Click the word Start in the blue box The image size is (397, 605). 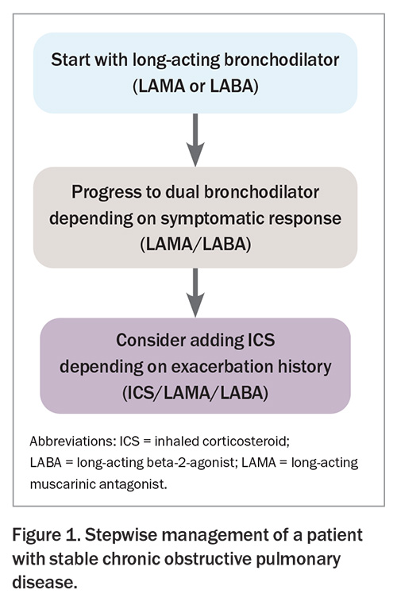(71, 60)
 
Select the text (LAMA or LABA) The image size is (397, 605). (195, 86)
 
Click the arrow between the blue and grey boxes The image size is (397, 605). (195, 140)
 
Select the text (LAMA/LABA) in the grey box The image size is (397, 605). (195, 245)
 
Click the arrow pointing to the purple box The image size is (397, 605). (195, 292)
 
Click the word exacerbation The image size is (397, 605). (225, 367)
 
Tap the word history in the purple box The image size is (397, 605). (307, 367)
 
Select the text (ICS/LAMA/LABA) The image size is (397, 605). (195, 393)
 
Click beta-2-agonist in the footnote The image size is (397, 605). (191, 463)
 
